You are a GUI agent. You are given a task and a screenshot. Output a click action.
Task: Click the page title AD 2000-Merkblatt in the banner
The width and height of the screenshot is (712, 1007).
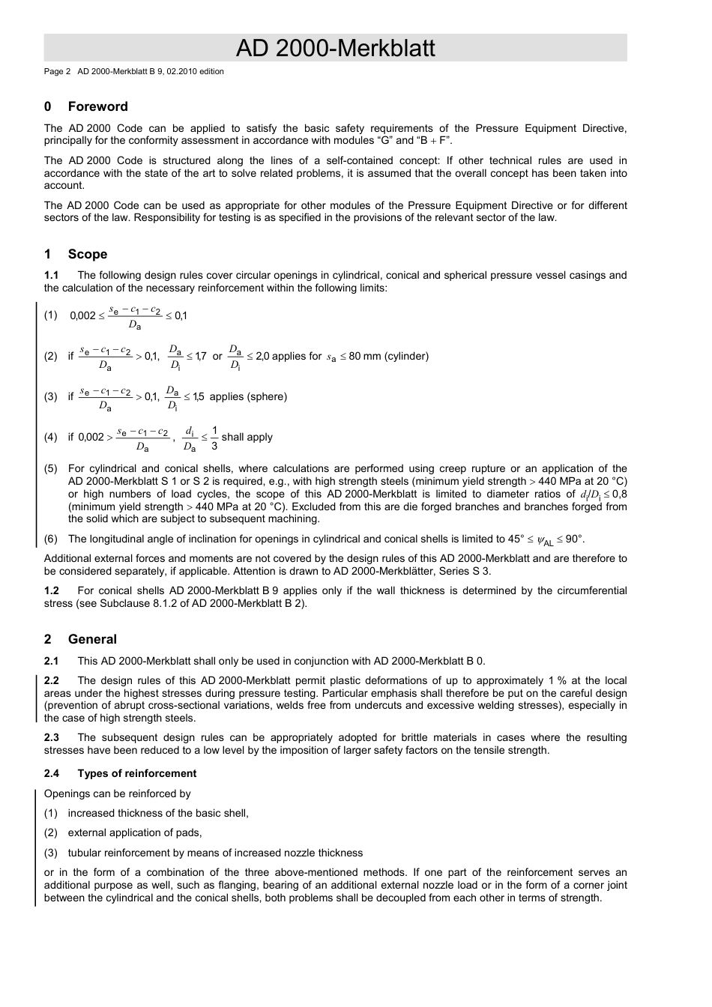[335, 49]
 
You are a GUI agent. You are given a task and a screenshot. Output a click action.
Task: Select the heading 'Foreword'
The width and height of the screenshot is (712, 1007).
[97, 107]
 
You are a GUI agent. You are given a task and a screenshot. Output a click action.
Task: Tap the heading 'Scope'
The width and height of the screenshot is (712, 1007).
[87, 255]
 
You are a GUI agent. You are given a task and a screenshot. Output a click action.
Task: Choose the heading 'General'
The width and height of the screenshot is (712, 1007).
[92, 640]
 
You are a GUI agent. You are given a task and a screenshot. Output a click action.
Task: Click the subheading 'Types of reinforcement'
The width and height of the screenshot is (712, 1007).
[136, 774]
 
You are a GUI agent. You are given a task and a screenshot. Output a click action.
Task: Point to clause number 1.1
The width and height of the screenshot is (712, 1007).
[51, 276]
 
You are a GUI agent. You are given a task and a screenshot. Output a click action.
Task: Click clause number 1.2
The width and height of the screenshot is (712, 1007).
[51, 591]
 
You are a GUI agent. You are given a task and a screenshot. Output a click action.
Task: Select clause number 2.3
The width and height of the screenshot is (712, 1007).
[51, 738]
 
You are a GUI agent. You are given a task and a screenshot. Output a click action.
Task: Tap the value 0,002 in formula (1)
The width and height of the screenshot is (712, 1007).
[82, 316]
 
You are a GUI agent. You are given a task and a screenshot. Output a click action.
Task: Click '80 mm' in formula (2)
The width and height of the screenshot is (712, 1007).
[365, 357]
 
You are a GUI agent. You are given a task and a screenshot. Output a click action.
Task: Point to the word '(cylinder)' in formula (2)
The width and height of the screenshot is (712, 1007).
[407, 357]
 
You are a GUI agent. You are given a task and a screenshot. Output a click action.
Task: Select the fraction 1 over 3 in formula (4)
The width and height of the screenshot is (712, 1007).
[214, 438]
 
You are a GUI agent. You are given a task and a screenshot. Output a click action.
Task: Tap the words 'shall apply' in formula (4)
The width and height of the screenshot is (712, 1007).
[247, 438]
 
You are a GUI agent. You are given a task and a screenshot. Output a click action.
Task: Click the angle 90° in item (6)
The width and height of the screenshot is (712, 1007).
[575, 539]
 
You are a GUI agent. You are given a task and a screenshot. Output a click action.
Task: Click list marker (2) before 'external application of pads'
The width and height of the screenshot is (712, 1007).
[50, 833]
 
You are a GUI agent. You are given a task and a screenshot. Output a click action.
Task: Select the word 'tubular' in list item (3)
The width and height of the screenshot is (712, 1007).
[85, 853]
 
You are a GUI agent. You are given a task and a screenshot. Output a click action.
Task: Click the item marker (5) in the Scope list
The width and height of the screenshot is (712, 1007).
[50, 470]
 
